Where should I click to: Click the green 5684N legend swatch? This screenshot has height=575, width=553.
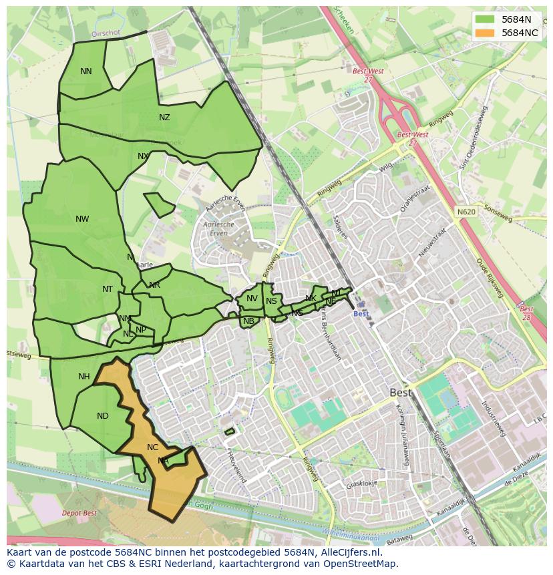(x=485, y=20)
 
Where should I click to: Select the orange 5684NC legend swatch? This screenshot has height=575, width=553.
(x=485, y=33)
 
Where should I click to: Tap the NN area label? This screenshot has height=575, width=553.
(x=86, y=71)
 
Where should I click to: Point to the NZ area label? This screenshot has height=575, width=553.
(x=164, y=118)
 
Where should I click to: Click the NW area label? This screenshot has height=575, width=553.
(x=82, y=219)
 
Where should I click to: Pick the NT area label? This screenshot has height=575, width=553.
(x=108, y=289)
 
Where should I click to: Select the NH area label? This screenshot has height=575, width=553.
(x=83, y=377)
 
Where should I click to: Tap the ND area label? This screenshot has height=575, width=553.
(x=102, y=416)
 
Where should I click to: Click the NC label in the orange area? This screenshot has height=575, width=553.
(x=153, y=447)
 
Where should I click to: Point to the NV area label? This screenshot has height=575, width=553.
(x=252, y=299)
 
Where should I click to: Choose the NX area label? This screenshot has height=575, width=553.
(x=143, y=156)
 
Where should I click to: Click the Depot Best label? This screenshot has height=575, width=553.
(x=79, y=513)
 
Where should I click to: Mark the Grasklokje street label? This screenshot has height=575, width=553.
(x=361, y=484)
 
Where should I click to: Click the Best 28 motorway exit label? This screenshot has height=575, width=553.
(x=526, y=313)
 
